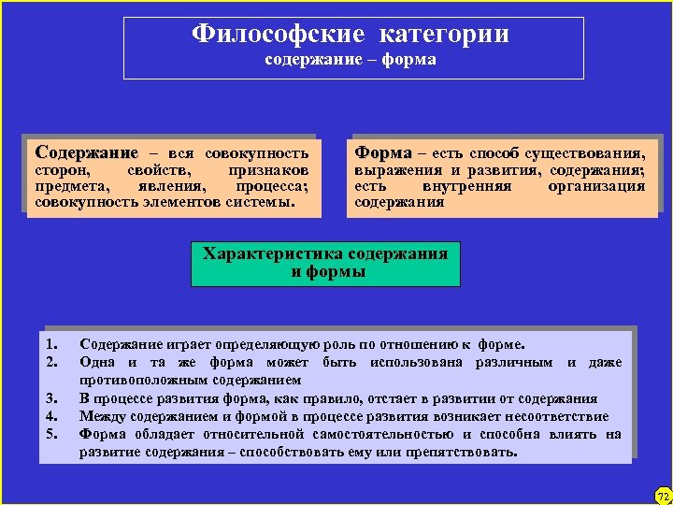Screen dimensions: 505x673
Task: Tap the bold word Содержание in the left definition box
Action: pyautogui.click(x=85, y=151)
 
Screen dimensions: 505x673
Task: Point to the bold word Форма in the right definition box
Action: pyautogui.click(x=383, y=151)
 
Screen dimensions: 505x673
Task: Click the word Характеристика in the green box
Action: pyautogui.click(x=272, y=253)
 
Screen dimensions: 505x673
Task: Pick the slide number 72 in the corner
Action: pyautogui.click(x=662, y=495)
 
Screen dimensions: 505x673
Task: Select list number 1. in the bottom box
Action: pyautogui.click(x=51, y=343)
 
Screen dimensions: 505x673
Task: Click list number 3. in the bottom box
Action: pyautogui.click(x=51, y=398)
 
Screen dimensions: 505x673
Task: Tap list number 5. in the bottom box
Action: pyautogui.click(x=51, y=434)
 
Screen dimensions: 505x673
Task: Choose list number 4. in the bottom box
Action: pyautogui.click(x=51, y=416)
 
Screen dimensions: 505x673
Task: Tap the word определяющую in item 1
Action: pyautogui.click(x=265, y=343)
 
